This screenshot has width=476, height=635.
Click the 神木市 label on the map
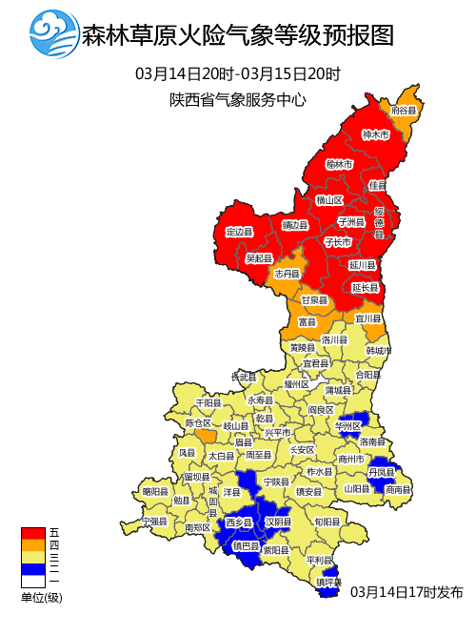coord(376,135)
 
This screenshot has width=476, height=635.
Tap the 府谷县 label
coord(405,111)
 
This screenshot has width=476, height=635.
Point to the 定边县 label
coord(239,232)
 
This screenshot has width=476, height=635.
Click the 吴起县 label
coord(259,258)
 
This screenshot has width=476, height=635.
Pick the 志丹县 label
coord(287,274)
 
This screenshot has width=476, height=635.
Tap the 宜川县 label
coord(368,317)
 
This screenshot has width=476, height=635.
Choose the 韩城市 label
coord(379,350)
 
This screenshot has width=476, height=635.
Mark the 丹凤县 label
coord(382,472)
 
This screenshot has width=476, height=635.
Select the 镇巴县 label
coord(248,546)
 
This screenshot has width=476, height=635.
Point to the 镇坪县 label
coord(328,581)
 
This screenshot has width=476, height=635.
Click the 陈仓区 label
coord(198,422)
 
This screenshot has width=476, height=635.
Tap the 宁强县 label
coord(154,522)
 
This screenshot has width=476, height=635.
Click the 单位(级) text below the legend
coord(41,598)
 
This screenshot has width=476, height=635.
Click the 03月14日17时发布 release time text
coord(407,592)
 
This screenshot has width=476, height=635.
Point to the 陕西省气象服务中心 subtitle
coord(238,99)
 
